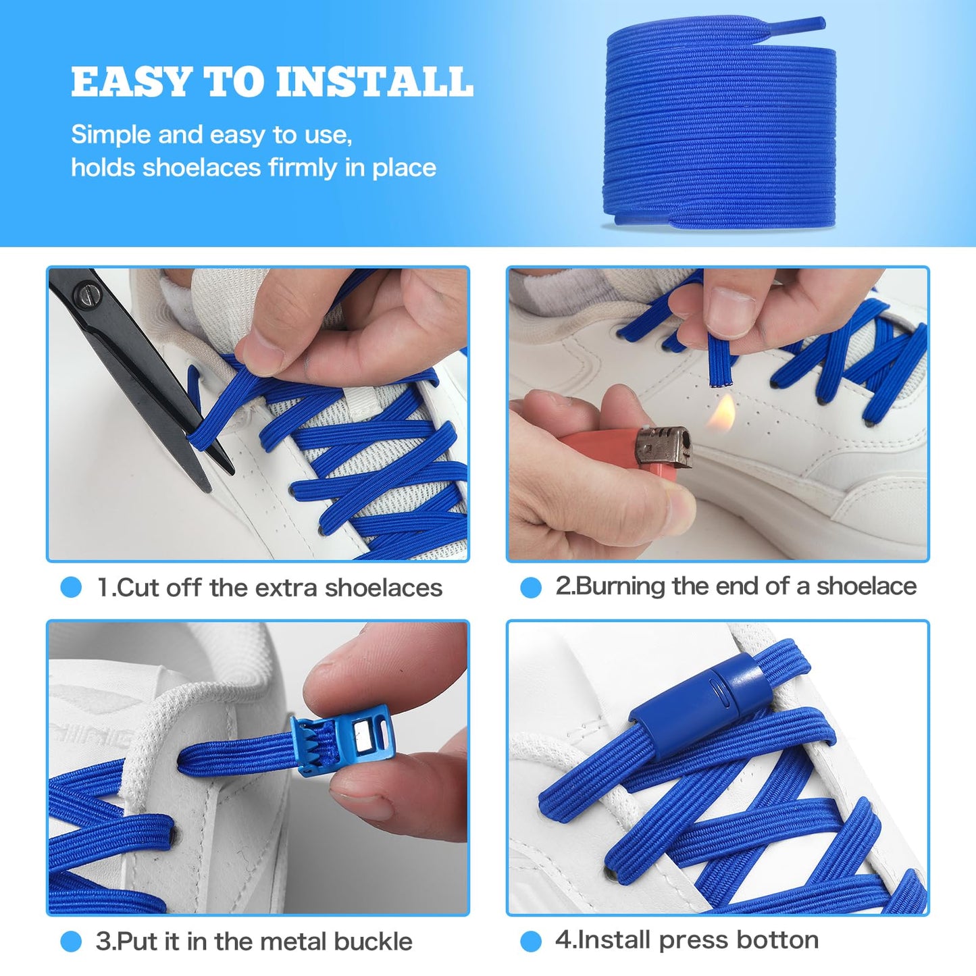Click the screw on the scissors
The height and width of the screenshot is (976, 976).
pos(90,294)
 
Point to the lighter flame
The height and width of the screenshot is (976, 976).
pos(721,413)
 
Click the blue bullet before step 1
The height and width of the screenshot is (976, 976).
pos(71,587)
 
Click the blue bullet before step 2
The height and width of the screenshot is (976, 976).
pos(531,587)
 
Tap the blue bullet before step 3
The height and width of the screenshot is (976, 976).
pos(71,941)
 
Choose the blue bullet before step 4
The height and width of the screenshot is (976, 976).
pos(531,941)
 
